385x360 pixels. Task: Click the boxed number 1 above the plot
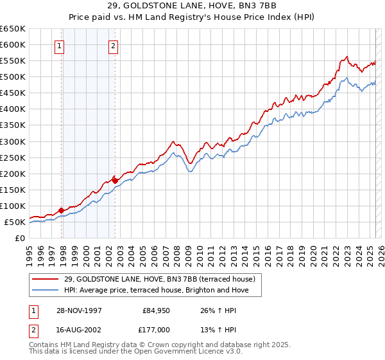[x=60, y=46]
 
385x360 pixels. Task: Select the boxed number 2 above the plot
[x=113, y=46]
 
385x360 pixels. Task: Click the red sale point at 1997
[x=62, y=210]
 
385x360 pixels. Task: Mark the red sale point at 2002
[x=115, y=181]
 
